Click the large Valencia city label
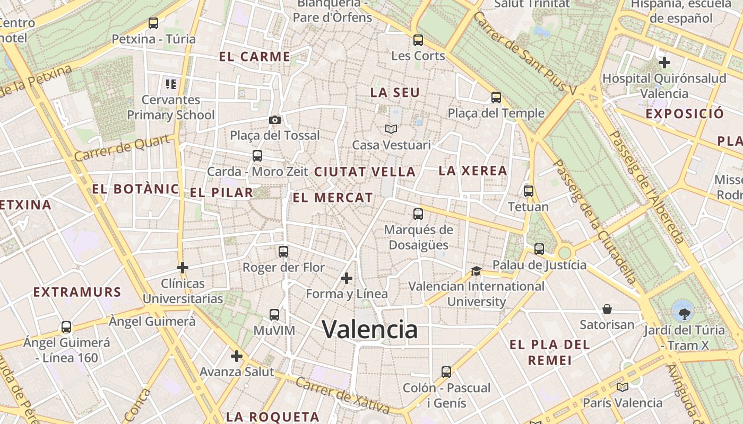pos(370,330)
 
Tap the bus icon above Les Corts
pos(418,40)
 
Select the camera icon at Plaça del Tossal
pos(275,120)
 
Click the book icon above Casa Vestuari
pos(391,129)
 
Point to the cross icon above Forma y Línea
pos(347,278)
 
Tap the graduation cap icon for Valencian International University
pos(476,271)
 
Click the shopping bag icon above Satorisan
pos(607,309)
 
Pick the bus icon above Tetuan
pos(529,191)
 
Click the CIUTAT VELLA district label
pos(365,172)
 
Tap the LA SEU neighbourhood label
pos(395,92)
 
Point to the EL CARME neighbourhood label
pos(255,57)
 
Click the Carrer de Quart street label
pos(123,148)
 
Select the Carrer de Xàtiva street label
pos(342,395)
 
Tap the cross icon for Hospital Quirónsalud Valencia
pos(664,63)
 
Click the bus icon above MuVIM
pos(274,315)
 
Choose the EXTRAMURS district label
pos(77,291)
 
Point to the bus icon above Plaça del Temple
pos(496,98)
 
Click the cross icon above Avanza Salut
pos(237,356)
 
